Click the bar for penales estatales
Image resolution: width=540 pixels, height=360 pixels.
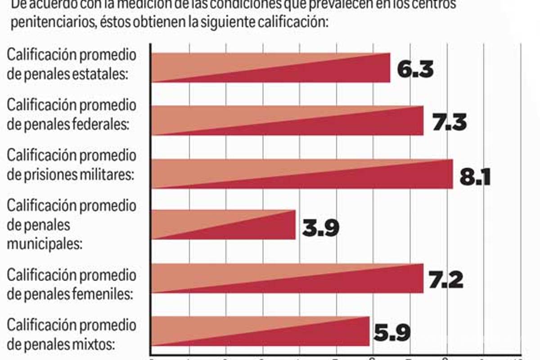[x=270, y=67]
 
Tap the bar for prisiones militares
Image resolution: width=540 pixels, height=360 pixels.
[x=302, y=174]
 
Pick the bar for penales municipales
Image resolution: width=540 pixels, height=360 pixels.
[x=224, y=225]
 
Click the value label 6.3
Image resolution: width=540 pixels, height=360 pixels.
[x=415, y=70]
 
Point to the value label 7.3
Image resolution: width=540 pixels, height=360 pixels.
[x=449, y=123]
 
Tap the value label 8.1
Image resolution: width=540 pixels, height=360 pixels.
[x=474, y=176]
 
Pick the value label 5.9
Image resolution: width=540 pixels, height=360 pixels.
[x=391, y=333]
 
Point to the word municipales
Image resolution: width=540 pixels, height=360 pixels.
[x=44, y=244]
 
